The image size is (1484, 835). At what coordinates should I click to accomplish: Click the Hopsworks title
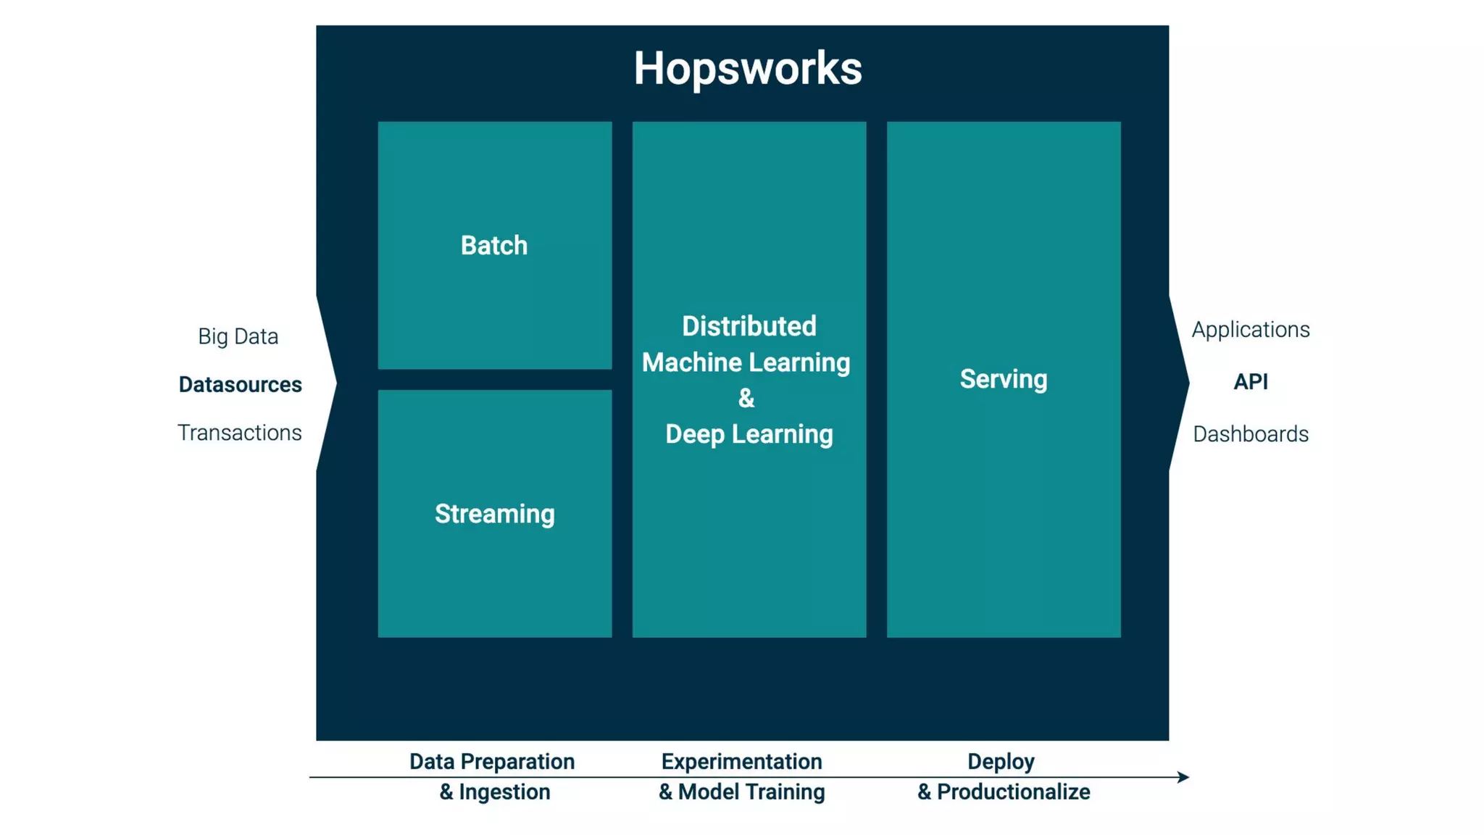(748, 69)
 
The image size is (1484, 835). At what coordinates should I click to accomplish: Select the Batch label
(494, 246)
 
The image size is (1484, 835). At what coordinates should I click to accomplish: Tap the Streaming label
(495, 514)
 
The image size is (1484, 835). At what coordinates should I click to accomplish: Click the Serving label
(1004, 379)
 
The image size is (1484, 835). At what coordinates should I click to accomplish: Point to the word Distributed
(749, 326)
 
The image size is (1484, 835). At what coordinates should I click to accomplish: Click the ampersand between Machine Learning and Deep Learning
(746, 398)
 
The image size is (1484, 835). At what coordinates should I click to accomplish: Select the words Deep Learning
(749, 434)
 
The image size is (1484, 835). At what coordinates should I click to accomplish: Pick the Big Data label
(238, 336)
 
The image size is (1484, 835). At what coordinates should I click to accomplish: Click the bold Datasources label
(240, 384)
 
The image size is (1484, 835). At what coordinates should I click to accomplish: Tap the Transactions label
(240, 433)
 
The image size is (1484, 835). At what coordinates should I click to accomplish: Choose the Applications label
(1251, 330)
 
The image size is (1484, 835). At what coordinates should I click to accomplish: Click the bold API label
(1251, 381)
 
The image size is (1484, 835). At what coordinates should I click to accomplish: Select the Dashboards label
(1251, 434)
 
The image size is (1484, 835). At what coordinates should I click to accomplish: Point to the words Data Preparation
(492, 762)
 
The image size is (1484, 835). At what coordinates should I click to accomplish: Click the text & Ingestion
(495, 792)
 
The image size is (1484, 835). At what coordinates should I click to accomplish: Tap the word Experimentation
(741, 762)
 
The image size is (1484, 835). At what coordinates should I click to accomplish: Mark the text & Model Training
(741, 792)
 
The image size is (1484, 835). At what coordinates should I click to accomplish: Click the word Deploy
(1001, 762)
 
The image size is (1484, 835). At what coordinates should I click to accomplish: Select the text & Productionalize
(1004, 792)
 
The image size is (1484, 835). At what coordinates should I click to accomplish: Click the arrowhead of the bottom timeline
(1183, 777)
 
